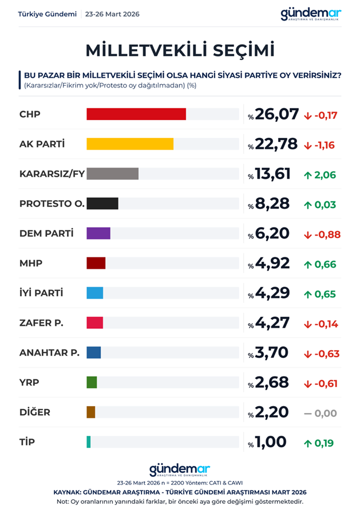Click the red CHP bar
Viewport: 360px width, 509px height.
coord(136,114)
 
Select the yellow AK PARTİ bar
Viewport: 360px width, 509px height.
coord(130,144)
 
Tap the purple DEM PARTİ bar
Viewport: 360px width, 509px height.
coord(98,233)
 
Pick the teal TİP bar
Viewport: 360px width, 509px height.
coord(89,442)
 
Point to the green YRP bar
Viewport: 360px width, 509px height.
coord(92,382)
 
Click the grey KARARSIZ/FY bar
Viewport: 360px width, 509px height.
coord(113,173)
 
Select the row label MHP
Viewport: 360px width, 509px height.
coord(31,263)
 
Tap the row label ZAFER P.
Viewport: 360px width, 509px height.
coord(41,323)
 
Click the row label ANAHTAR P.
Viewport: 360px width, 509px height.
coord(49,352)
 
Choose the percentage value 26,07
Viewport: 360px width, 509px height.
coord(277,114)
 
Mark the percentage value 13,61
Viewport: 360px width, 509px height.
coord(274,173)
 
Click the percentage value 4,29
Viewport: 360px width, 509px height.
coord(273,293)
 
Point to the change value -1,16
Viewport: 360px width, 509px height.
coord(325,145)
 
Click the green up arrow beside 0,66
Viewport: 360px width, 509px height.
coord(308,264)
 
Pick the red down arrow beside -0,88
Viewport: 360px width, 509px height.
coord(307,234)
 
